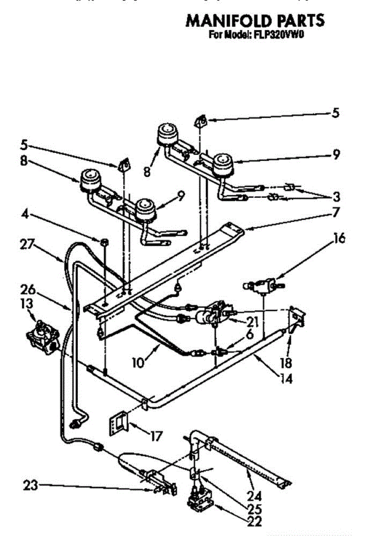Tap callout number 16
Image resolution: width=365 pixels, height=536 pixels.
pos(339,239)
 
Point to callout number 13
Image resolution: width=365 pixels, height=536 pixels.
pos(26,304)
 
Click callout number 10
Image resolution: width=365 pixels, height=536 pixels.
pos(138,362)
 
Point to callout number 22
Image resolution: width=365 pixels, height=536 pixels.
pos(254,521)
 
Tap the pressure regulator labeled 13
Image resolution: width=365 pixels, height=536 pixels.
pos(42,336)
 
